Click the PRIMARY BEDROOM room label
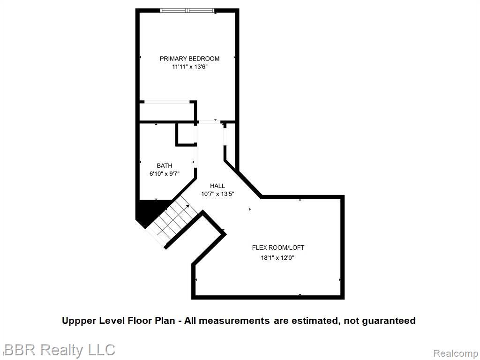pyautogui.click(x=189, y=59)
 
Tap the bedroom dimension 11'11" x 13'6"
pyautogui.click(x=190, y=67)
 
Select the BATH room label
pyautogui.click(x=165, y=165)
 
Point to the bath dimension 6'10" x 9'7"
pyautogui.click(x=165, y=174)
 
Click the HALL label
pyautogui.click(x=217, y=186)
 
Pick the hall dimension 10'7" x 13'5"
pyautogui.click(x=217, y=194)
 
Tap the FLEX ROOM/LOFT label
pyautogui.click(x=278, y=247)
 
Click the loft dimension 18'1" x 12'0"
pyautogui.click(x=277, y=258)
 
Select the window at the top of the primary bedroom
pyautogui.click(x=187, y=10)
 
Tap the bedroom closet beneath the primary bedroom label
pyautogui.click(x=166, y=112)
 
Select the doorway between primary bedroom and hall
pyautogui.click(x=210, y=122)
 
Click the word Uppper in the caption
pyautogui.click(x=79, y=321)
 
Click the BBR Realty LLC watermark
pyautogui.click(x=60, y=350)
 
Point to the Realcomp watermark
pyautogui.click(x=456, y=353)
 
